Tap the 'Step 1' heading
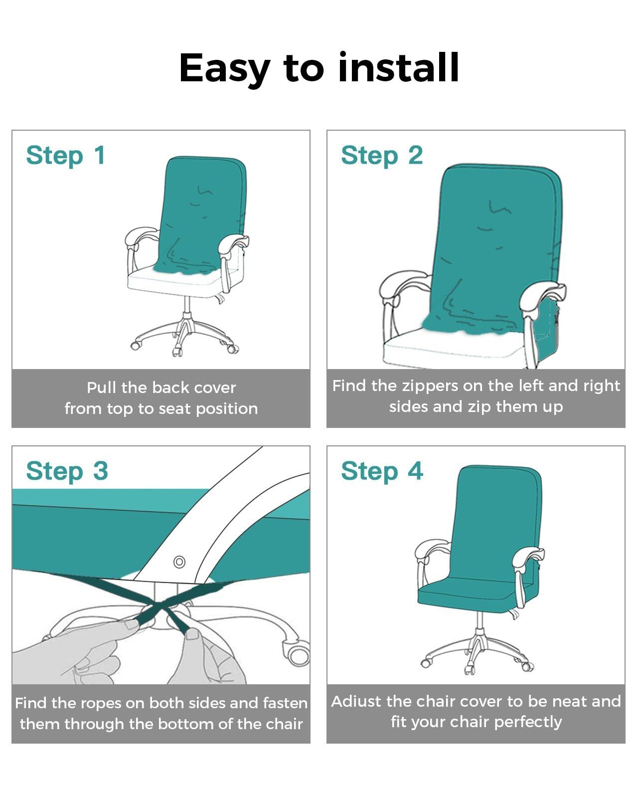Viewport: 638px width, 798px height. (66, 155)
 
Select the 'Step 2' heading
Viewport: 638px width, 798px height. (382, 155)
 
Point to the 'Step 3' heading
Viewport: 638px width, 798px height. (67, 471)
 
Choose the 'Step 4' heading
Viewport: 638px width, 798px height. (382, 471)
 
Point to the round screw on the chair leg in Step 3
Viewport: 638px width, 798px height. (179, 562)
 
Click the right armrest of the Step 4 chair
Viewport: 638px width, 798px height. (528, 554)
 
